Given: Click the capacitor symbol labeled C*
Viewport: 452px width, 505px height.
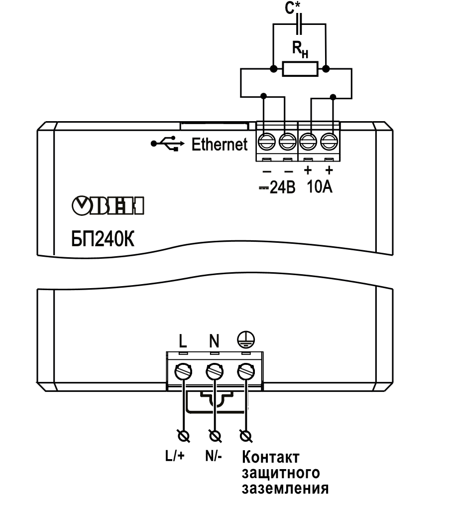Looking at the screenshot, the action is coord(299,24).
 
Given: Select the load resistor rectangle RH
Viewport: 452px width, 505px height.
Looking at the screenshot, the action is coord(300,69).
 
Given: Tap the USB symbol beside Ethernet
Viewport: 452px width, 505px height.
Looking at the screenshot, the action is coord(168,143).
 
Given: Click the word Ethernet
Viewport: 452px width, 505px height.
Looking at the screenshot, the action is coord(220,144).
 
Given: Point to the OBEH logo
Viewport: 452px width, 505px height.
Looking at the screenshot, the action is coord(108,205).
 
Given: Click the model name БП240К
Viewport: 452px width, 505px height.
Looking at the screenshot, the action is coord(103,239).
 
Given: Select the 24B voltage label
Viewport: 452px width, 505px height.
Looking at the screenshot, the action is coord(277,187).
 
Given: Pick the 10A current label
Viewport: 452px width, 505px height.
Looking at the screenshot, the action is coord(320,186).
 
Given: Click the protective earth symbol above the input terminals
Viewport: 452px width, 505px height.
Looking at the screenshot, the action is coord(246,340).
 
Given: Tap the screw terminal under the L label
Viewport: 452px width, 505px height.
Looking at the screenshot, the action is coord(183,372).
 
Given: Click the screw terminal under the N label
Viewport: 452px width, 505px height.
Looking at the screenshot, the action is coord(215,372).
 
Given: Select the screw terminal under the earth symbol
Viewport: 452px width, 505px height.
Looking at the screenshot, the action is coord(246,372).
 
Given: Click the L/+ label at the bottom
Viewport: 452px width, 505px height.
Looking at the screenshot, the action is coord(175,456).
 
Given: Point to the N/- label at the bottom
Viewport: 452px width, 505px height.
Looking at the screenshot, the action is coord(214,456).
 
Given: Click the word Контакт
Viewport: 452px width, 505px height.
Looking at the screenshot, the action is coord(271,457).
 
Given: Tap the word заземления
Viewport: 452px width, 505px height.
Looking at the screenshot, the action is coord(285,488).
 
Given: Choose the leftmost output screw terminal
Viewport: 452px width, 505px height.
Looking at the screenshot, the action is coord(267,141).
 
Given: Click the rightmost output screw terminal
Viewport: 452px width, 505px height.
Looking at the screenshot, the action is coord(329,141).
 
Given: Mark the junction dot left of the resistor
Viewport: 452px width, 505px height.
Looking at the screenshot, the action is coord(273,69).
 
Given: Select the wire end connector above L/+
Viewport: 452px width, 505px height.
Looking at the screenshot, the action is coord(184,436).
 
